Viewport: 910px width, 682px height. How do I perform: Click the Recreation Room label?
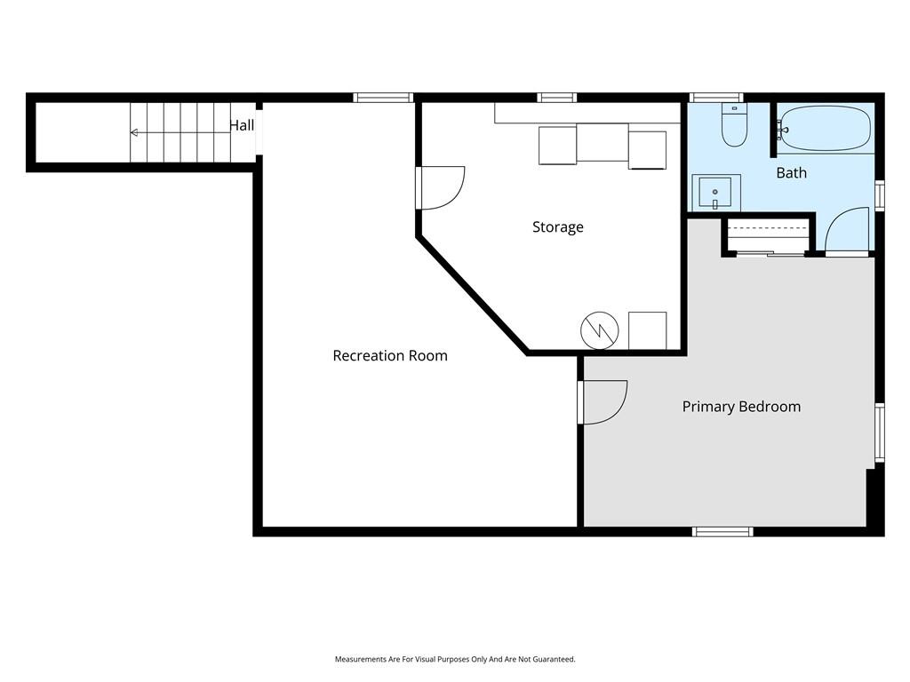pyautogui.click(x=390, y=355)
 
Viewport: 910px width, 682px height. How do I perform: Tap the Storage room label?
pyautogui.click(x=558, y=226)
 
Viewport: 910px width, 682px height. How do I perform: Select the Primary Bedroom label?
pyautogui.click(x=741, y=407)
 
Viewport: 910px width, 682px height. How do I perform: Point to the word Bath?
pyautogui.click(x=791, y=173)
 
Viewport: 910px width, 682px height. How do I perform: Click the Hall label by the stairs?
pyautogui.click(x=242, y=125)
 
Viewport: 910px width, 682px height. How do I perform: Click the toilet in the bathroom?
pyautogui.click(x=734, y=124)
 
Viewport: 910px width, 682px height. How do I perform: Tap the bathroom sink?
pyautogui.click(x=716, y=193)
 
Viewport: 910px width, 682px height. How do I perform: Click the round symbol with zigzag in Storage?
pyautogui.click(x=600, y=330)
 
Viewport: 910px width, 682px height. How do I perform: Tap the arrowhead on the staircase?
pyautogui.click(x=134, y=133)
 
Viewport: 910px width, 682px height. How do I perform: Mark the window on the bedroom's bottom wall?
pyautogui.click(x=722, y=532)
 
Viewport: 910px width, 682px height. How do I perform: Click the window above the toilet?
pyautogui.click(x=715, y=98)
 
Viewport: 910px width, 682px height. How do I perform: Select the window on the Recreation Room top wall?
pyautogui.click(x=384, y=98)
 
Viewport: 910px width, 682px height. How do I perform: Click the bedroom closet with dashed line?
pyautogui.click(x=767, y=235)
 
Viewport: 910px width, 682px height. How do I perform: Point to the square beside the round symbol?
pyautogui.click(x=647, y=330)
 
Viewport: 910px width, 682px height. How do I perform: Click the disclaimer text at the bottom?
pyautogui.click(x=455, y=660)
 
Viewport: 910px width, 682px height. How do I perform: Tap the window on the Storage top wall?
pyautogui.click(x=556, y=98)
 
